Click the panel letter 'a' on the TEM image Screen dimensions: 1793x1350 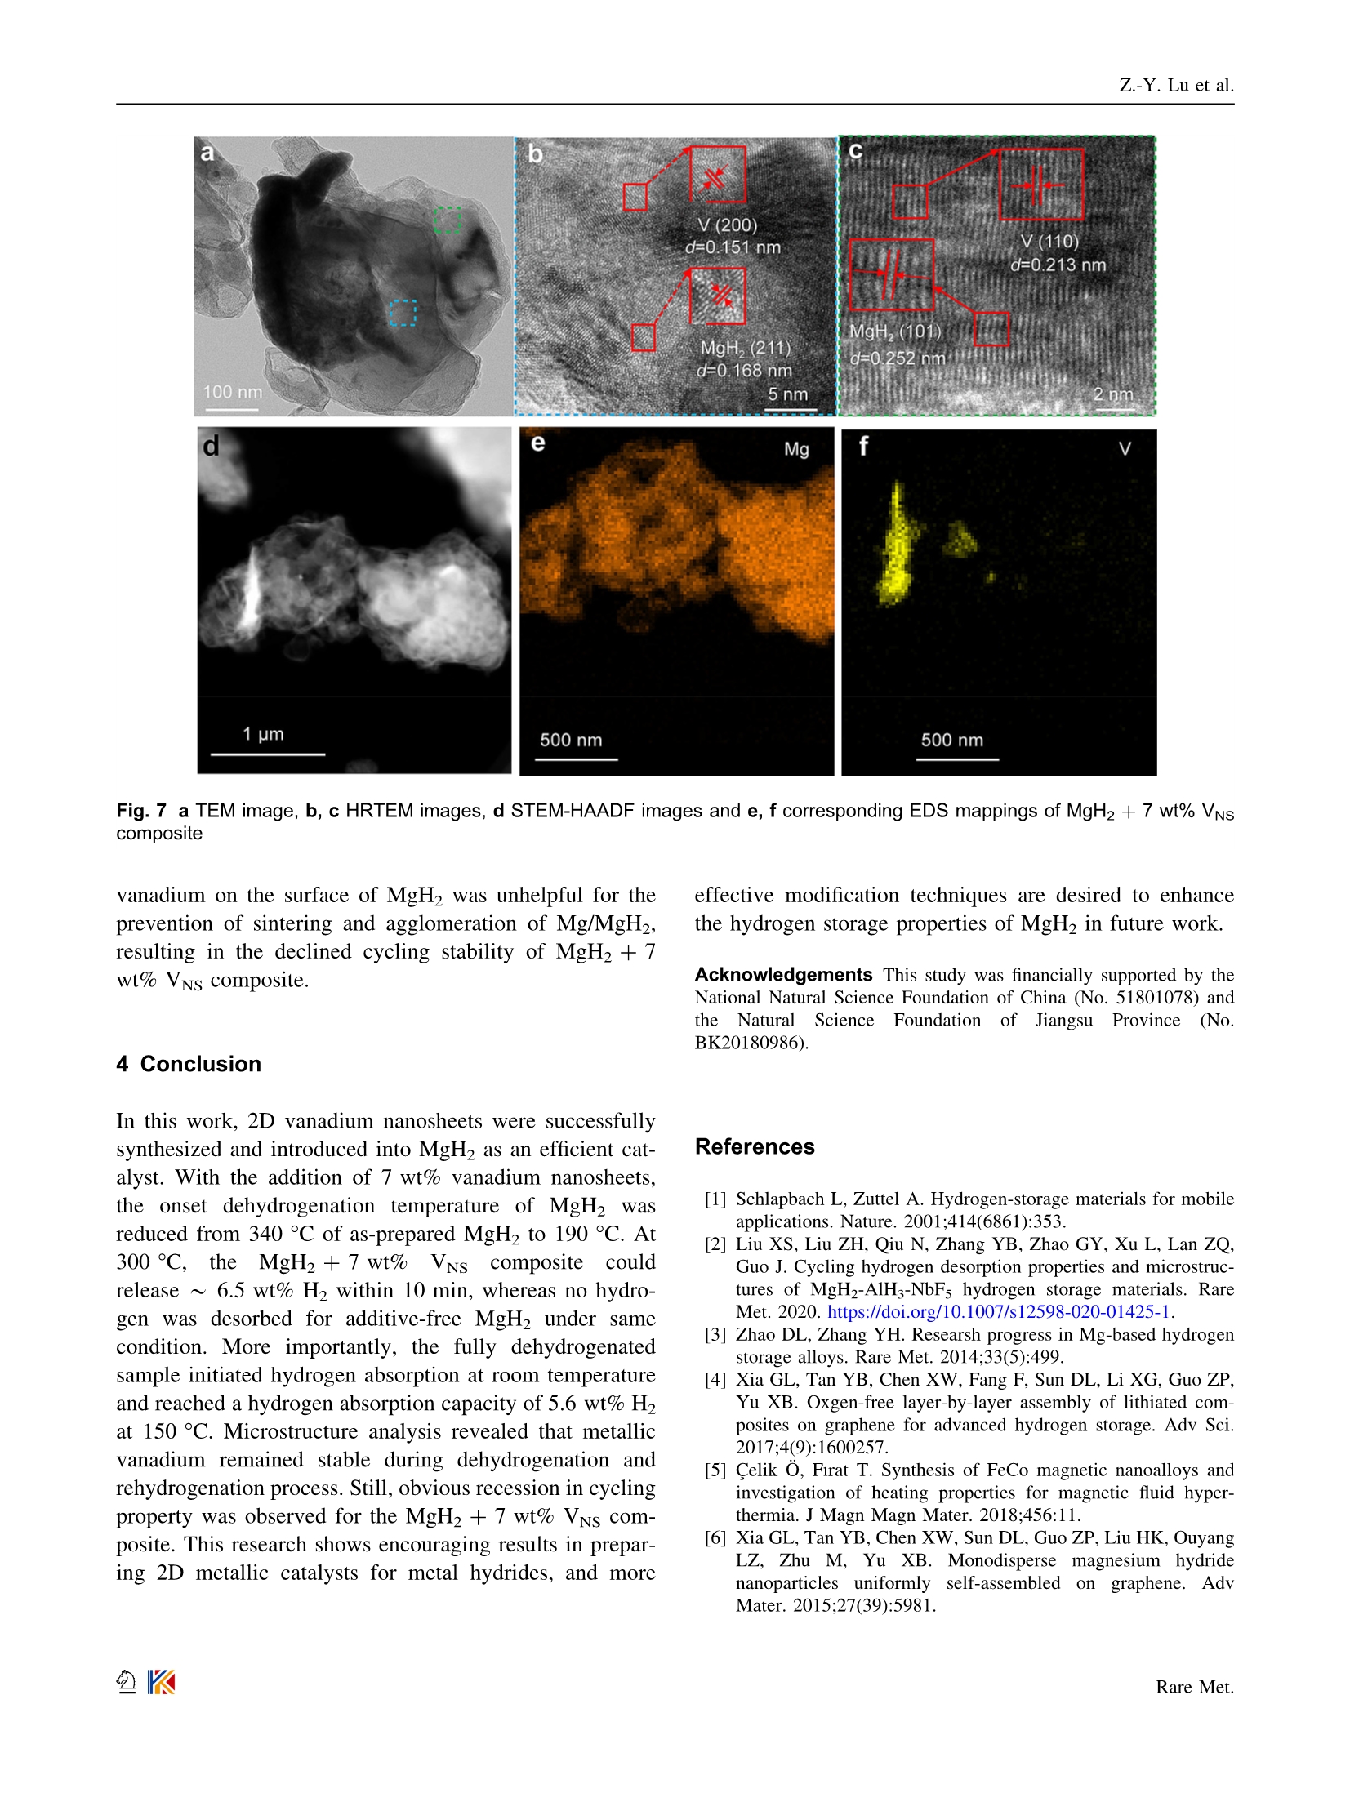tap(207, 153)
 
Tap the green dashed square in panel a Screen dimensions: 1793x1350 tap(447, 220)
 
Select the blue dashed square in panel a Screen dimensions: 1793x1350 tap(402, 313)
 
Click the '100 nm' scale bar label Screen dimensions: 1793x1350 tap(233, 392)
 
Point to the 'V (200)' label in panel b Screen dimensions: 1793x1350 tap(727, 225)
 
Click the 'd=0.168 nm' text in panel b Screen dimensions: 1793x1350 tap(744, 371)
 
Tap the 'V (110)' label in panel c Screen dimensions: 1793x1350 tap(1049, 242)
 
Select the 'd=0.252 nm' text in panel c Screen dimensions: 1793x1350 tap(898, 358)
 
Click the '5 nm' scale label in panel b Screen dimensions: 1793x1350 tap(787, 394)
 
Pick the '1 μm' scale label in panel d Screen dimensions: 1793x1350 tap(263, 734)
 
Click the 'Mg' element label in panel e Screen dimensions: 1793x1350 tap(796, 449)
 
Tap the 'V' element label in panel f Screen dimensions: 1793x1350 tap(1125, 449)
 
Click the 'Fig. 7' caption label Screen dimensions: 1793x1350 tap(141, 811)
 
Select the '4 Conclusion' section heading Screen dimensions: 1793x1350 tap(189, 1064)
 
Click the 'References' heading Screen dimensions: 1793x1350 tap(755, 1146)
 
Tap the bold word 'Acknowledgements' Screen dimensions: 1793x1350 tap(783, 975)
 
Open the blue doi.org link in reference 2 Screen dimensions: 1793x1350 tap(999, 1312)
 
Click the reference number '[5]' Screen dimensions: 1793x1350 tap(715, 1470)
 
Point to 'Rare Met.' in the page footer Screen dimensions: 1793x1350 tap(1194, 1687)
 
